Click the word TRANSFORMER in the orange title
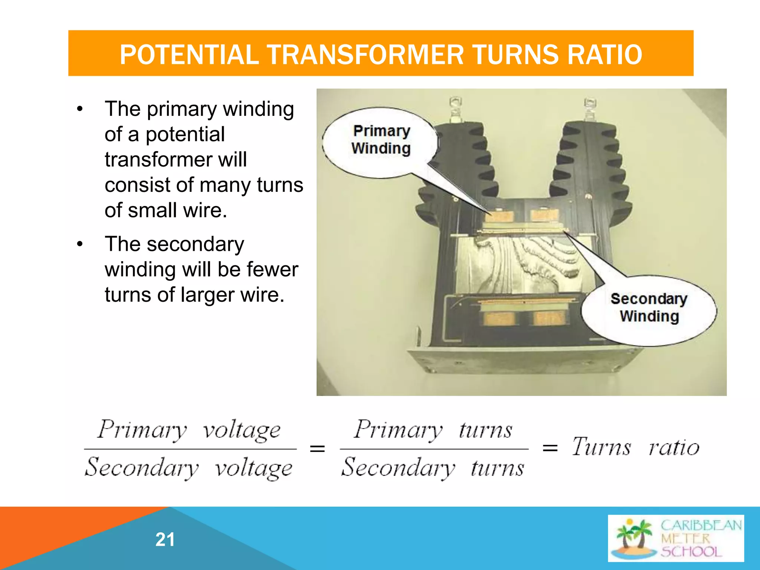(x=365, y=55)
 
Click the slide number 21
(x=165, y=540)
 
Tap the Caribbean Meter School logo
(x=675, y=538)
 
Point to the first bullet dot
(x=80, y=109)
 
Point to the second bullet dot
(x=80, y=245)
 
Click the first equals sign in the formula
(x=317, y=449)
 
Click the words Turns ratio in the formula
(x=635, y=447)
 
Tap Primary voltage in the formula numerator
(x=189, y=430)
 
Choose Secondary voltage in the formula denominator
(x=189, y=468)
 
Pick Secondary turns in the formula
(x=433, y=468)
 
